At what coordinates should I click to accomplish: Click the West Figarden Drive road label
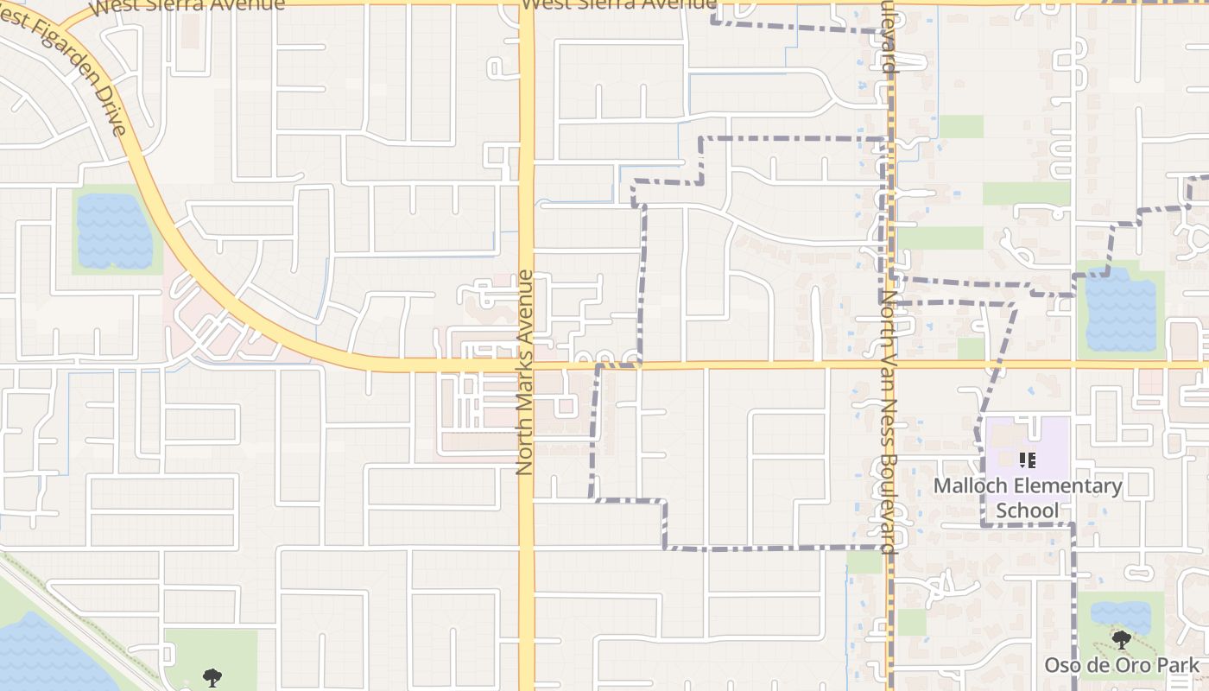[x=65, y=73]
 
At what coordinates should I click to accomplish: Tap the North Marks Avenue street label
[x=524, y=373]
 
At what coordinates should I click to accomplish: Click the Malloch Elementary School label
[x=1028, y=498]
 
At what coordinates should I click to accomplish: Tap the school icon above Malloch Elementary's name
[x=1028, y=460]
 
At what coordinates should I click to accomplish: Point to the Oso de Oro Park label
[x=1122, y=665]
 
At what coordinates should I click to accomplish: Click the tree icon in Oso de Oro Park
[x=1122, y=640]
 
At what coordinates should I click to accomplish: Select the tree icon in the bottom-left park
[x=212, y=678]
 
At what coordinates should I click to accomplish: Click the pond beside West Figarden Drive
[x=115, y=231]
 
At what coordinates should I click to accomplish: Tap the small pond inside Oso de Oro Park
[x=1120, y=616]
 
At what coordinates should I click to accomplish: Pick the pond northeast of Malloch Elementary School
[x=1120, y=309]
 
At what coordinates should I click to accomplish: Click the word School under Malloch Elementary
[x=1028, y=510]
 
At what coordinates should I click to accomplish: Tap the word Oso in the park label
[x=1060, y=665]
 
